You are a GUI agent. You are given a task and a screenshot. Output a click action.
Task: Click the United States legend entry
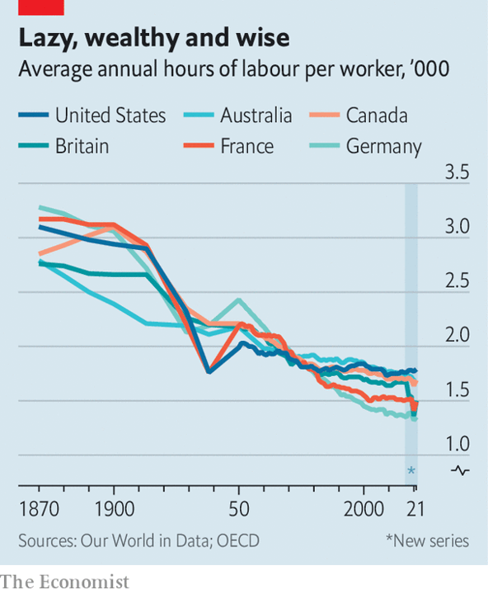point(92,115)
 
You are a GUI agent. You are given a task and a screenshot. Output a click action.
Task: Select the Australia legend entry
point(237,115)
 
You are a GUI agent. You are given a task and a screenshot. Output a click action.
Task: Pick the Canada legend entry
point(359,115)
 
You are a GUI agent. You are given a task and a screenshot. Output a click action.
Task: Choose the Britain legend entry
point(63,146)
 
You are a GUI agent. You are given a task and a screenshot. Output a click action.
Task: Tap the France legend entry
point(228,146)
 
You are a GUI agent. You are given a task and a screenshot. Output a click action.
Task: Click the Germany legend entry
point(365,147)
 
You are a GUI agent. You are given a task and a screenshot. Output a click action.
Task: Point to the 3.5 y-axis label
point(457,172)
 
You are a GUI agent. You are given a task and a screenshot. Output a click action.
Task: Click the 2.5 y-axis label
point(457,280)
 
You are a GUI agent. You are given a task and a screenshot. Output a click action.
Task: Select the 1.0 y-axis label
point(457,444)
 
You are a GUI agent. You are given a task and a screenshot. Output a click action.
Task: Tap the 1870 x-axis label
point(39,509)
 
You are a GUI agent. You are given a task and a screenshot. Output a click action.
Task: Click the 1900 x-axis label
point(114,509)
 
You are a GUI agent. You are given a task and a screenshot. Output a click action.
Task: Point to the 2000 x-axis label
point(364,509)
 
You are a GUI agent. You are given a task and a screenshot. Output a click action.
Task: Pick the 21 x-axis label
point(415,509)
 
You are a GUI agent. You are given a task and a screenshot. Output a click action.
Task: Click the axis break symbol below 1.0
point(460,471)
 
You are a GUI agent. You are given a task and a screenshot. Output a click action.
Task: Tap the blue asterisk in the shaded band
point(411,471)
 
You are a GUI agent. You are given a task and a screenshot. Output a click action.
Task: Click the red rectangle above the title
point(41,7)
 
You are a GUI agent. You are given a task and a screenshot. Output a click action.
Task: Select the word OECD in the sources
point(238,541)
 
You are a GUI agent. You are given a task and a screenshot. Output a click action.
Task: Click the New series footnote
point(428,541)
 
